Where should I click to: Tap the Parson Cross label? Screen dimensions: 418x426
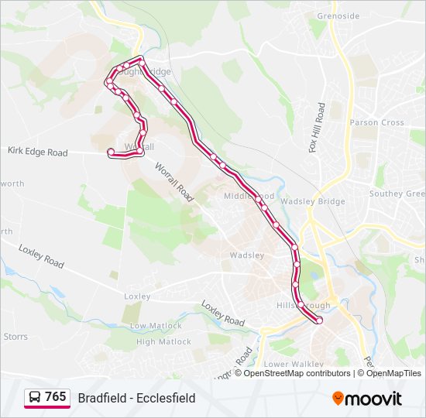click(x=376, y=122)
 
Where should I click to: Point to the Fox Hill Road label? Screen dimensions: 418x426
click(x=316, y=128)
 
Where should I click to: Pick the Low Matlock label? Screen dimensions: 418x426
click(x=149, y=326)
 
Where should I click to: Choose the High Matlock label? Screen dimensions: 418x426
click(x=163, y=341)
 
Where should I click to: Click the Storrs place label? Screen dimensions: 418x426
click(x=15, y=337)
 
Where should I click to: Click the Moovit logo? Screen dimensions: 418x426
click(x=367, y=399)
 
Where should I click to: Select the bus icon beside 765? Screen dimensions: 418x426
click(x=35, y=397)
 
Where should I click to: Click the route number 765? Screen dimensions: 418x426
click(x=56, y=397)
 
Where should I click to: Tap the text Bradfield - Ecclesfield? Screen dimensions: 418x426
click(x=136, y=398)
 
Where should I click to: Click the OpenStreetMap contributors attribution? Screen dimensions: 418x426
click(x=297, y=373)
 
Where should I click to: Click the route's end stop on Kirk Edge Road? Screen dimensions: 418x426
click(x=111, y=151)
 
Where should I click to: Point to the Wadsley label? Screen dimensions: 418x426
click(x=247, y=255)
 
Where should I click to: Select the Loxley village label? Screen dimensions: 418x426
click(x=137, y=296)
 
